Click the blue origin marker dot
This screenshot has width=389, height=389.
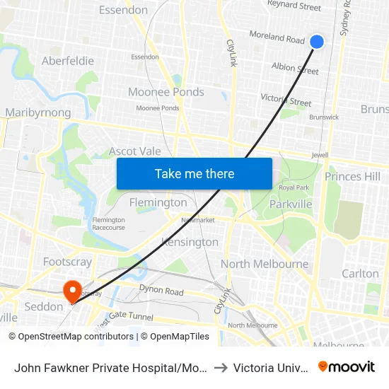[x=317, y=42]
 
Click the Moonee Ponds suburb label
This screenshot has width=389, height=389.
[x=166, y=92]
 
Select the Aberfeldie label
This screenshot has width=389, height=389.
[x=68, y=61]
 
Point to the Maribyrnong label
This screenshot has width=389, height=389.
[x=38, y=112]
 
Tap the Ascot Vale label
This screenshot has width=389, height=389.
[x=134, y=151]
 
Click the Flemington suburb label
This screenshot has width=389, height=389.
[x=158, y=202]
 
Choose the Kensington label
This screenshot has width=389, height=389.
[x=190, y=242]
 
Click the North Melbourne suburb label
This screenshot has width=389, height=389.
[x=265, y=265]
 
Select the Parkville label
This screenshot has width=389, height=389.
[x=291, y=204]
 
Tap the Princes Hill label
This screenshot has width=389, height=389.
[x=352, y=176]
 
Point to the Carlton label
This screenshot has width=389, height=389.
[x=360, y=274]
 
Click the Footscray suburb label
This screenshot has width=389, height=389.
[x=67, y=262]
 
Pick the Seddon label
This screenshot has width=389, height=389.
[x=44, y=306]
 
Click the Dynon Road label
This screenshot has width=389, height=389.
[x=161, y=291]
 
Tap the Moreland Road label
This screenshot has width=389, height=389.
[x=277, y=37]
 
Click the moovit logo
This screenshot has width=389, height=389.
[x=347, y=366]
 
